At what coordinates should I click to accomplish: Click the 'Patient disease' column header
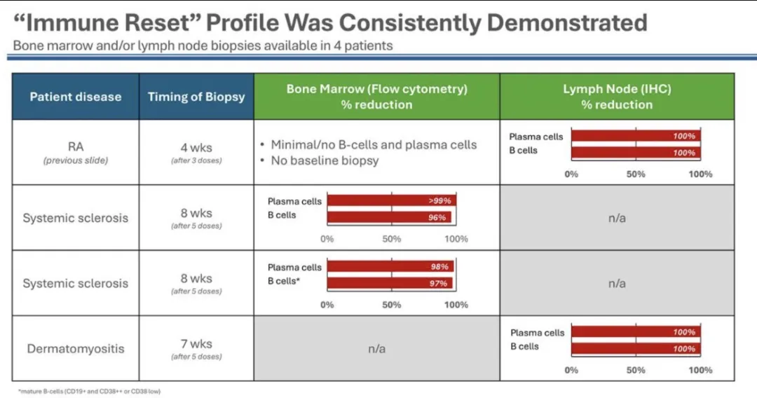point(75,97)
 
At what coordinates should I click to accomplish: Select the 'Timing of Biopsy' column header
point(196,97)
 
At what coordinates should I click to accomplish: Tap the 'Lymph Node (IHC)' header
point(617,97)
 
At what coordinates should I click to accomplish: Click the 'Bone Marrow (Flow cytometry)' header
point(376,97)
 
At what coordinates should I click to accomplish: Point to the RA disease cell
point(75,148)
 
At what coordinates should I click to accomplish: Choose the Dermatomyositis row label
point(75,348)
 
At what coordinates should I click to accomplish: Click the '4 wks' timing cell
point(196,148)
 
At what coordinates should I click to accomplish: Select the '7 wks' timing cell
point(196,344)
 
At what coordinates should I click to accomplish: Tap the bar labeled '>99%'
point(391,201)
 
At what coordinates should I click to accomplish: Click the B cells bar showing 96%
point(391,217)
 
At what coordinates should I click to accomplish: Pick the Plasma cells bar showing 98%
point(390,267)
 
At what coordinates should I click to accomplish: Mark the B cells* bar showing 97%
point(390,283)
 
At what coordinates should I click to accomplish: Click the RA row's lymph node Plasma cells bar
point(635,136)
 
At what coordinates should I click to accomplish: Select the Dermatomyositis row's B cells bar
point(635,349)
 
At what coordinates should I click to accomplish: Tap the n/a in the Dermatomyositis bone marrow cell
point(376,348)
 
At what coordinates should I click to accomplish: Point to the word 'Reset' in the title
point(158,22)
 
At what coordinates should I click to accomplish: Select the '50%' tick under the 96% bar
point(391,239)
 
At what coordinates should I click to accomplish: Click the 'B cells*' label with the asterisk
point(283,281)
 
